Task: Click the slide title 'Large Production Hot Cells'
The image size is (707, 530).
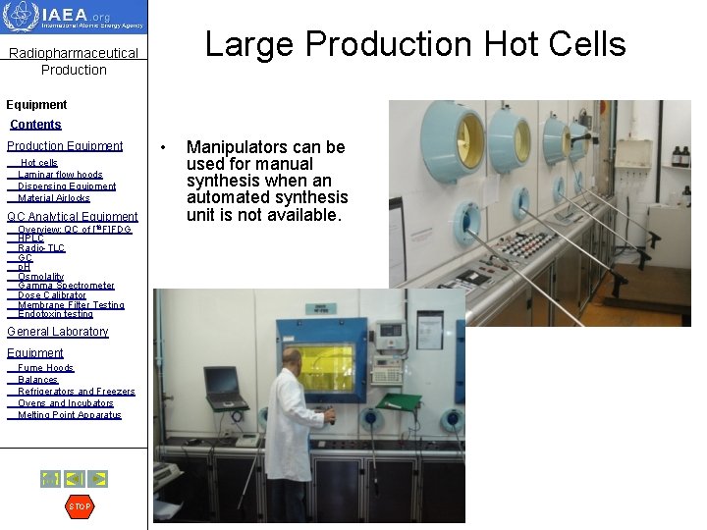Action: pos(414,44)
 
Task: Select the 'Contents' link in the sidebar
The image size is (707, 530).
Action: pos(35,125)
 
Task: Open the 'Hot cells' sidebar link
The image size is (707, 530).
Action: pos(39,163)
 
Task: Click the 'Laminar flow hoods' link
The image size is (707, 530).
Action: pos(60,175)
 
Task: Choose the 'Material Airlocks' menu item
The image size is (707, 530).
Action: pos(54,198)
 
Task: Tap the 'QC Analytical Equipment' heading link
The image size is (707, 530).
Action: pos(73,217)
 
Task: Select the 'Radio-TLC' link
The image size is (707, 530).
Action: pos(41,248)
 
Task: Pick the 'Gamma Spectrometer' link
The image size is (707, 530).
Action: pos(66,286)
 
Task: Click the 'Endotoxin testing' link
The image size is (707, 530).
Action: pos(55,314)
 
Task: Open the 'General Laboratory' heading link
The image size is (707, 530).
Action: pos(58,332)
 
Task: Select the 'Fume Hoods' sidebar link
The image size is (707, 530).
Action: pos(45,368)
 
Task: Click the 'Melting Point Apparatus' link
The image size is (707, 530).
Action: pos(69,415)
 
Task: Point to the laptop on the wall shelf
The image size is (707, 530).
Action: pos(225,388)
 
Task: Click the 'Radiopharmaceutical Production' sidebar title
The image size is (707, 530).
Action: pos(74,61)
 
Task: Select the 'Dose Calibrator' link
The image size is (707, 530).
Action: pos(52,295)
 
